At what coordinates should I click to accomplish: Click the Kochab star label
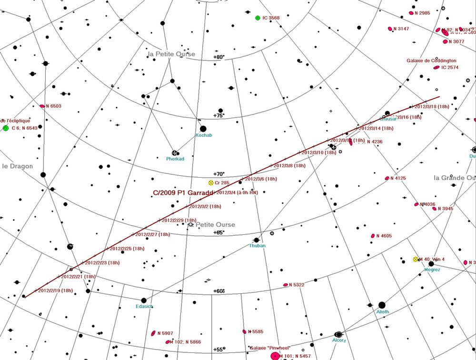point(204,135)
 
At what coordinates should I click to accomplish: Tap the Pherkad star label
point(175,159)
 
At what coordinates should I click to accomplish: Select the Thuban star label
point(257,246)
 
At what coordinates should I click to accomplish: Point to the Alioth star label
point(383,312)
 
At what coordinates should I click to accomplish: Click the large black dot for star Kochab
point(203,129)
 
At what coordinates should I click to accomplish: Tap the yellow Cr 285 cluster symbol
point(211,183)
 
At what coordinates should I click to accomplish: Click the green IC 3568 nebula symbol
point(258,18)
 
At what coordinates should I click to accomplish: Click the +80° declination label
point(218,57)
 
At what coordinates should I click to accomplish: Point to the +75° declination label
point(218,116)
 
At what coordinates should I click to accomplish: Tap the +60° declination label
point(218,291)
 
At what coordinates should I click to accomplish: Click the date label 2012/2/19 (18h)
point(55,290)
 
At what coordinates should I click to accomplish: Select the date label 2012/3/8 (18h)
point(289,166)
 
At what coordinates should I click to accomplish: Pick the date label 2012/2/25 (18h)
point(127,249)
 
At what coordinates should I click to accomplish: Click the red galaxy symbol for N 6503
point(42,106)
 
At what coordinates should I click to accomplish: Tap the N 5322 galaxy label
point(297,285)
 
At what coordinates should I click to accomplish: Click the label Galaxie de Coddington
point(431,61)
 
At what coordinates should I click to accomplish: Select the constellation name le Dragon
point(17,166)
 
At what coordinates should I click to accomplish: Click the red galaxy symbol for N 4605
point(373,236)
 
